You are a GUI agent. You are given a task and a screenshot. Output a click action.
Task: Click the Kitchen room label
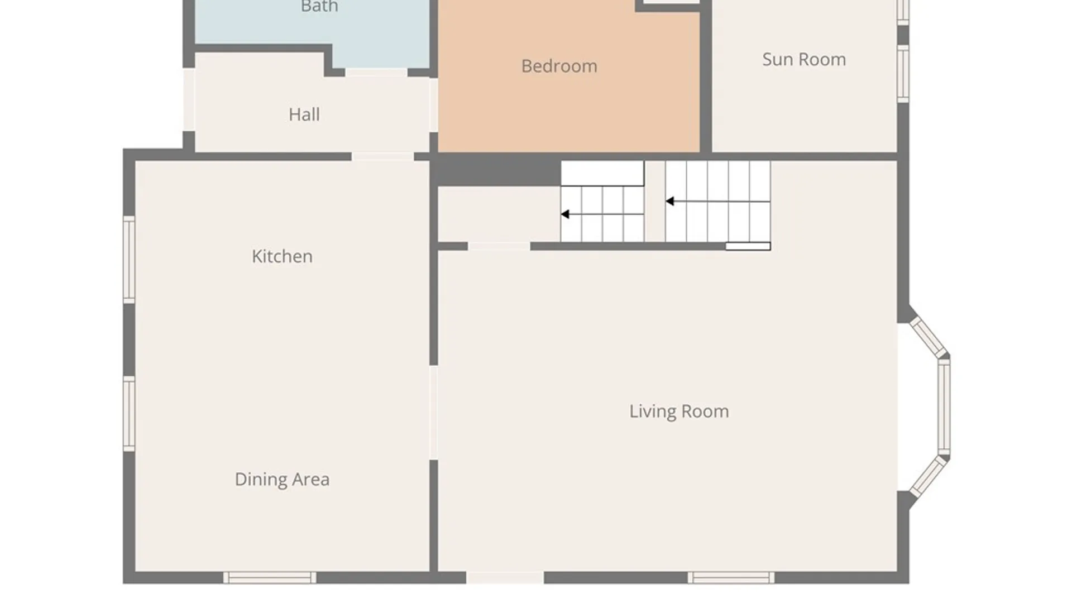pyautogui.click(x=282, y=256)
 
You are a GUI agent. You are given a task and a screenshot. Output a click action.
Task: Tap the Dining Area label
pyautogui.click(x=282, y=479)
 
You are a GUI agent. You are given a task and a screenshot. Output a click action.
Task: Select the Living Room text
pyautogui.click(x=679, y=411)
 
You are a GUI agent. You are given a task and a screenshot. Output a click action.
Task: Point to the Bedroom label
pyautogui.click(x=559, y=66)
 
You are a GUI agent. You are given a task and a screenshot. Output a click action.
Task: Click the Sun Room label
pyautogui.click(x=804, y=59)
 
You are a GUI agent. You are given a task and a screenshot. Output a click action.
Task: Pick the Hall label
pyautogui.click(x=304, y=114)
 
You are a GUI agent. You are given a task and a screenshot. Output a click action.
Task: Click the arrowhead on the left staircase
pyautogui.click(x=565, y=214)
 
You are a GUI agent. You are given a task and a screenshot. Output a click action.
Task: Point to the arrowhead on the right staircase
pyautogui.click(x=670, y=201)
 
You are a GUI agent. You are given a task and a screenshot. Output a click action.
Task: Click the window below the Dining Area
pyautogui.click(x=270, y=578)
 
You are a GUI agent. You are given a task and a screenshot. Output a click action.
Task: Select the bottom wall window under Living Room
pyautogui.click(x=731, y=578)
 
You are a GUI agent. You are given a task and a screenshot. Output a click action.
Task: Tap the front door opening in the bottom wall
pyautogui.click(x=505, y=578)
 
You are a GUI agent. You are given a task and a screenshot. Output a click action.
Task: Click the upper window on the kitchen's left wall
pyautogui.click(x=129, y=260)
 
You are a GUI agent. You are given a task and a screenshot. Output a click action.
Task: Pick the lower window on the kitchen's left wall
pyautogui.click(x=129, y=414)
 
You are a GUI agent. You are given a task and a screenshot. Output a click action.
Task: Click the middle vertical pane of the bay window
pyautogui.click(x=944, y=407)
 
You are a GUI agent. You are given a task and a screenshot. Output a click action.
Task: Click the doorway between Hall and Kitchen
pyautogui.click(x=382, y=156)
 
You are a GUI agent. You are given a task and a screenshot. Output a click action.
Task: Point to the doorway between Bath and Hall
pyautogui.click(x=376, y=73)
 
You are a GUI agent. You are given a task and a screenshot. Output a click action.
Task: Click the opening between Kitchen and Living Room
pyautogui.click(x=433, y=413)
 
